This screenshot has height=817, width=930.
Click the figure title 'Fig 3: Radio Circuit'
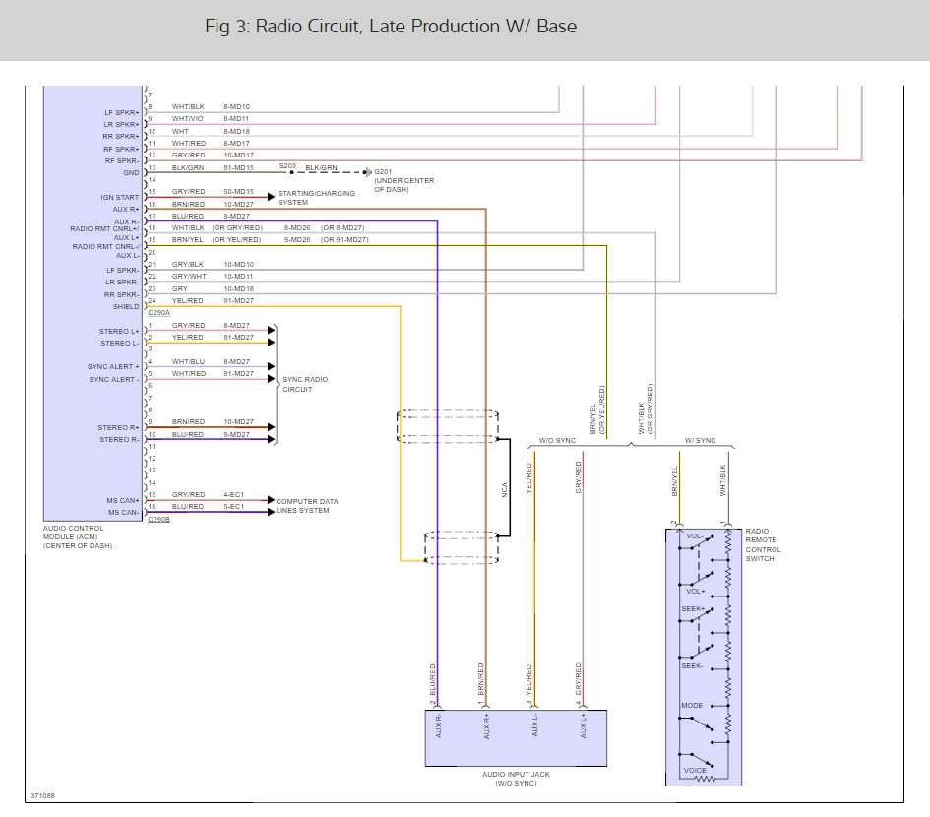point(390,27)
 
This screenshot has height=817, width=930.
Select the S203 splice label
point(287,165)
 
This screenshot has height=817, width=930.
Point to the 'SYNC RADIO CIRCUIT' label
point(305,384)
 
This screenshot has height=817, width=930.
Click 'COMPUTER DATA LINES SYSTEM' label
point(306,506)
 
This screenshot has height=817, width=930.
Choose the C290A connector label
point(157,312)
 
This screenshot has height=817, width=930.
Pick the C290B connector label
point(158,519)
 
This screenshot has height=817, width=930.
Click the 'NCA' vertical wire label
point(505,488)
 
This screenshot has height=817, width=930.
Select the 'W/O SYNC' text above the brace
point(557,440)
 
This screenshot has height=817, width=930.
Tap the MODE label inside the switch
point(691,706)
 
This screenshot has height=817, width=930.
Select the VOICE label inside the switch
point(695,770)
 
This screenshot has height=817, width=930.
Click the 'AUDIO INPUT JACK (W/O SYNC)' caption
point(516,780)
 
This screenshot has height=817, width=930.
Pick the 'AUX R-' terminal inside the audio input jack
point(438,728)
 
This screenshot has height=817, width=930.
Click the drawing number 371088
point(42,795)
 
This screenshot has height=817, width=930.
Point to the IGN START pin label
point(119,197)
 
